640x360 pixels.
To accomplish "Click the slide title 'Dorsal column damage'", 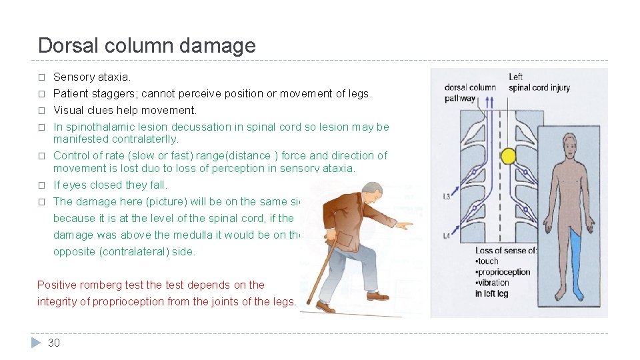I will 147,45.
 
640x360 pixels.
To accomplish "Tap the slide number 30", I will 54,343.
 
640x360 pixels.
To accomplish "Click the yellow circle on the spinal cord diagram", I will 509,157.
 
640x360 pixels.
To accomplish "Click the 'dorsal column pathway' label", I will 469,92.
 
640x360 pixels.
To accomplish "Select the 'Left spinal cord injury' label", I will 539,82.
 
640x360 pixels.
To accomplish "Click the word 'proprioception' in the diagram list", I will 504,272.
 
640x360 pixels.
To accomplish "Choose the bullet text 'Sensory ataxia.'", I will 92,77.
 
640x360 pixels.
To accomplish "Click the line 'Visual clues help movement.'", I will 125,110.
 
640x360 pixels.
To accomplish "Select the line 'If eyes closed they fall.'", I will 110,185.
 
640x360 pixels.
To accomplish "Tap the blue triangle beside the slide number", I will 36,343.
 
